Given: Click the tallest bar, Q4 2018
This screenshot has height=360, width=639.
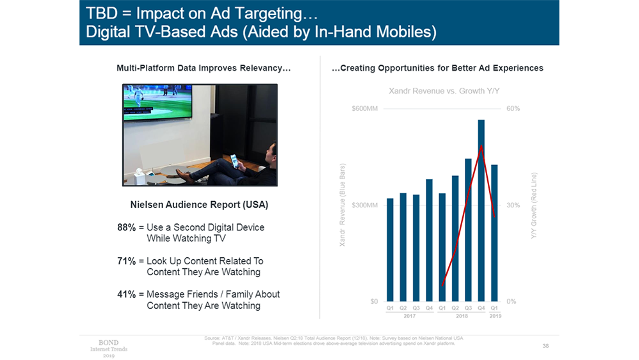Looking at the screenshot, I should (x=481, y=210).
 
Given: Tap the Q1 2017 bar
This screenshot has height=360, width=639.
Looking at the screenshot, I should (x=390, y=250).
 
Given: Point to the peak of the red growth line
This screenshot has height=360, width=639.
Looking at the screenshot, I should (x=481, y=146).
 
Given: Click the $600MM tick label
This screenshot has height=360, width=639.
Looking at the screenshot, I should (x=365, y=108).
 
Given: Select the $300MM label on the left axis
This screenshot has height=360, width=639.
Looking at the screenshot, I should (x=365, y=205).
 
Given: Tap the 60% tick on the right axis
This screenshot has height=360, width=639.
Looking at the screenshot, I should (x=513, y=108).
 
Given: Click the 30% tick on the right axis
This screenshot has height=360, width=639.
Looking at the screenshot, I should (x=513, y=205).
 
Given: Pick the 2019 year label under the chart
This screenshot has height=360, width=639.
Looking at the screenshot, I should (x=495, y=316).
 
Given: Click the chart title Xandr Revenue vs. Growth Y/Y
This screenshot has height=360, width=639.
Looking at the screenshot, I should (x=444, y=91).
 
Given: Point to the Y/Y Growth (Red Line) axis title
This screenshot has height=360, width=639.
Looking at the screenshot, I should (x=534, y=205).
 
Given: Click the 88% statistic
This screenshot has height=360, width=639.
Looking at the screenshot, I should (x=126, y=228).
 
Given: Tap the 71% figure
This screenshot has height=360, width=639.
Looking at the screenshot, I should (x=126, y=261).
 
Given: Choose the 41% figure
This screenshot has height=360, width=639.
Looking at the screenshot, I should (x=126, y=295).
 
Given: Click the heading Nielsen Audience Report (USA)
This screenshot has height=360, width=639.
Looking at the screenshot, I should (x=199, y=205).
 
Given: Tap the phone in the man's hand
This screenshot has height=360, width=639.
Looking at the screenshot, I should (x=234, y=161).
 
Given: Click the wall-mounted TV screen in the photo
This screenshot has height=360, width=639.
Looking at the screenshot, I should (x=158, y=102).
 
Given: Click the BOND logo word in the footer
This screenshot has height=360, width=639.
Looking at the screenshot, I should (x=108, y=343).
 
